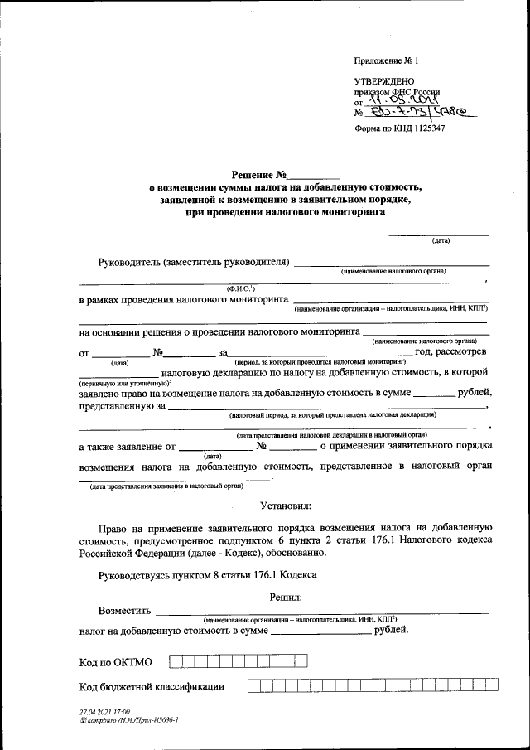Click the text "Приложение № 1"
coord(387,60)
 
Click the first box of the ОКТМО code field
coord(175,661)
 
